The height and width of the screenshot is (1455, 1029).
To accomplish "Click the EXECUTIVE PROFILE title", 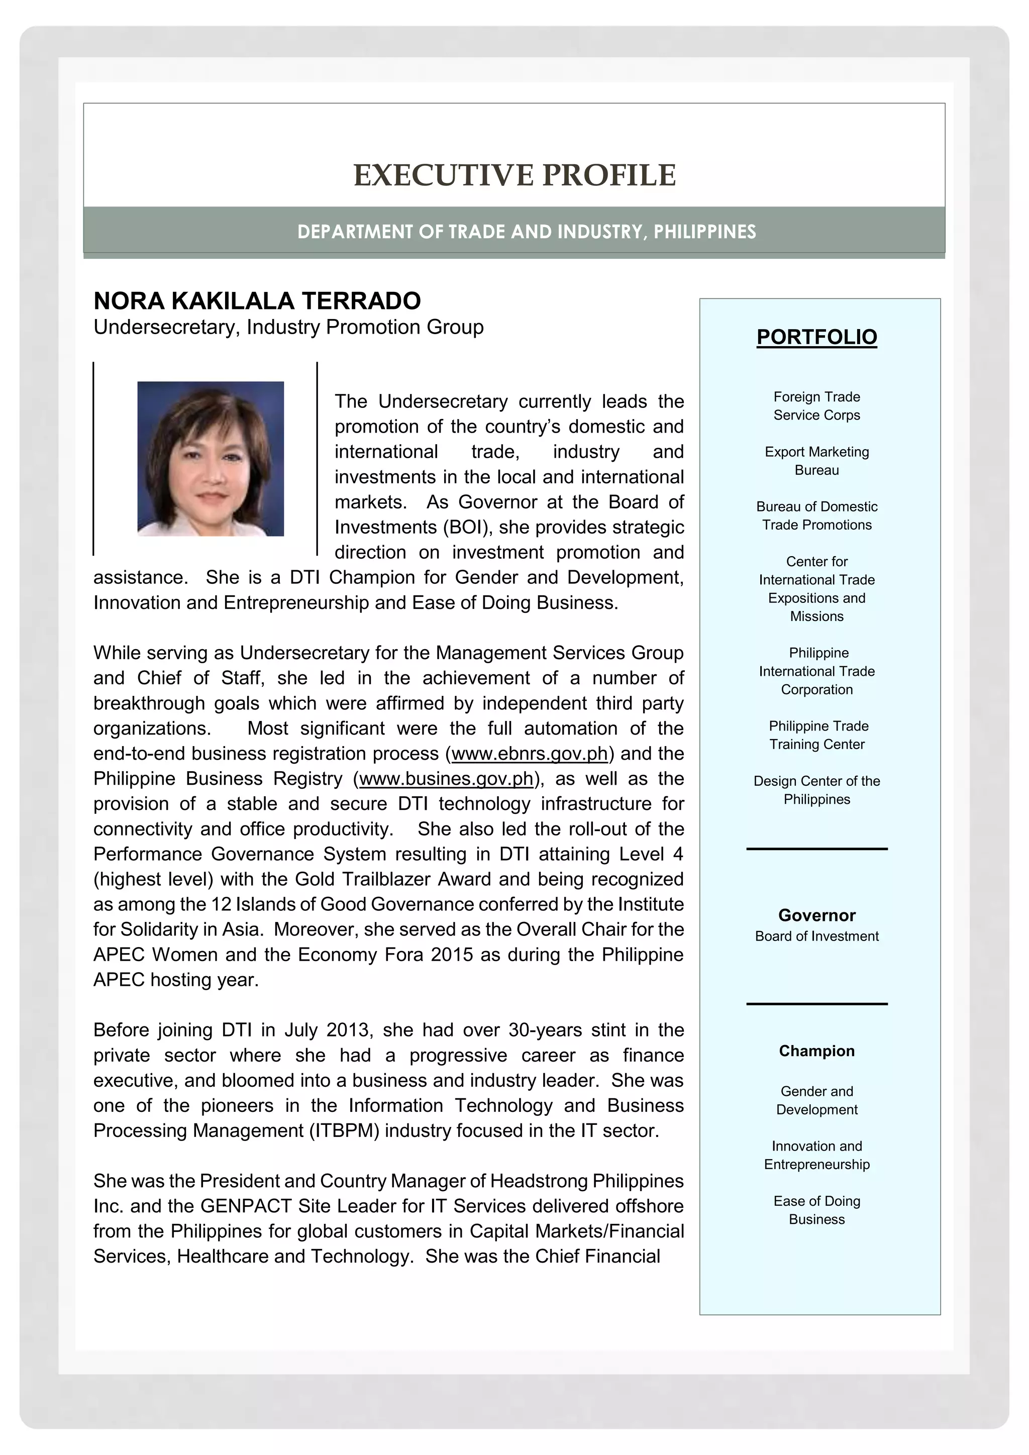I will point(514,175).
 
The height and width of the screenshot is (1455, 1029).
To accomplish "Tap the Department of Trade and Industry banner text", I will point(527,232).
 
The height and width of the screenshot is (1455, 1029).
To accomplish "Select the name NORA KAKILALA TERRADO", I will point(257,301).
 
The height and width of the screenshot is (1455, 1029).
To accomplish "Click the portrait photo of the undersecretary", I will point(211,459).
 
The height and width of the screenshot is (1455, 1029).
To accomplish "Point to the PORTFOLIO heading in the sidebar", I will point(817,337).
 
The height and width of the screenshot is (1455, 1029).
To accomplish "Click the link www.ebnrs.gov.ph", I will point(530,754).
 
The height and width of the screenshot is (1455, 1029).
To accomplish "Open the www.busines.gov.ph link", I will point(446,779).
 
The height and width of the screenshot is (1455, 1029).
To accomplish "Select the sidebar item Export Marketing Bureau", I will point(817,461).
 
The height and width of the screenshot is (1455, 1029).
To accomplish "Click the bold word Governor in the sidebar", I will point(817,915).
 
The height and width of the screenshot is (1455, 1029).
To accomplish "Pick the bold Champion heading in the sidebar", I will point(817,1051).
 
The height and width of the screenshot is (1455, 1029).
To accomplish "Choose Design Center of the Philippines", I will point(817,790).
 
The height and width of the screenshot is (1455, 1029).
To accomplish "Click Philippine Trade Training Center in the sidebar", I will point(817,735).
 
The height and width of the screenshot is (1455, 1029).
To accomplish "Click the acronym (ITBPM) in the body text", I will point(344,1130).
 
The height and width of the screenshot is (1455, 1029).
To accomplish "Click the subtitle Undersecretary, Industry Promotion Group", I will point(288,328).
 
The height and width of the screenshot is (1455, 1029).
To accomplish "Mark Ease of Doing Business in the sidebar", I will point(817,1210).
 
